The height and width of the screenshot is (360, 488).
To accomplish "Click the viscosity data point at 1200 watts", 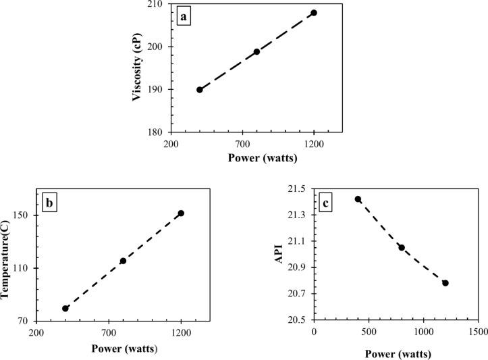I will (314, 13).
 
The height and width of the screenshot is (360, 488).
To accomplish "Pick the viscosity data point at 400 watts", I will (200, 90).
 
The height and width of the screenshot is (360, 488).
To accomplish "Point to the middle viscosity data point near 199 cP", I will (257, 51).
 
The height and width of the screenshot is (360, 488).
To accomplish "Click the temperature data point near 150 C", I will (181, 213).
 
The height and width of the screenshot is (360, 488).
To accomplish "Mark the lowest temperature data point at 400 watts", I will (65, 309).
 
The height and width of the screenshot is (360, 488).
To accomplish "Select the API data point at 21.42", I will (358, 199).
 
